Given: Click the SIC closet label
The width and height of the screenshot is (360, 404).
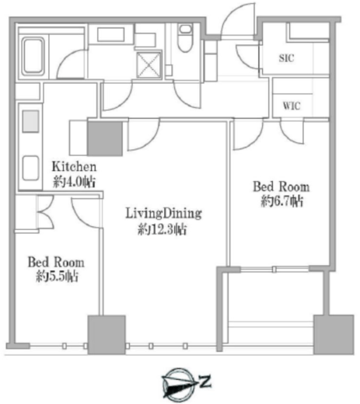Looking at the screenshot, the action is [286, 58].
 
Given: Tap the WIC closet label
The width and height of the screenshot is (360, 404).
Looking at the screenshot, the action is [292, 106].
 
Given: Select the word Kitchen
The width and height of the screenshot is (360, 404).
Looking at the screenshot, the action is [74, 166].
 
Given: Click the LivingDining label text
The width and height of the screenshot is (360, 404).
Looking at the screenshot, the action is [163, 214].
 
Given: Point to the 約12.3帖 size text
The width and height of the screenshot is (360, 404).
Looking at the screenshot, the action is [162, 229].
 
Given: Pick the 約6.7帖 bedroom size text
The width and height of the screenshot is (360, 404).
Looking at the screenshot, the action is [281, 201].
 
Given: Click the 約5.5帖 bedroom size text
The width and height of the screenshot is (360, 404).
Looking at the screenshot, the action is [57, 276].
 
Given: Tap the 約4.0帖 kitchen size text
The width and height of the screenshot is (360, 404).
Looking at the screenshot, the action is [74, 182].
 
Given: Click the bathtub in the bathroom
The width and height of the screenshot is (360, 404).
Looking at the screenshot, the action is [33, 57].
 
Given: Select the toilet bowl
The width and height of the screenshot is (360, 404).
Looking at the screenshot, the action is [185, 38].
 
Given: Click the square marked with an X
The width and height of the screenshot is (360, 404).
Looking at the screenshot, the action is [149, 64].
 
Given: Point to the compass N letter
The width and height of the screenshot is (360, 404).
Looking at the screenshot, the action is [205, 381].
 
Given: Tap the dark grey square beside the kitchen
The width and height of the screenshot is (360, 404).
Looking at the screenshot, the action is [105, 138].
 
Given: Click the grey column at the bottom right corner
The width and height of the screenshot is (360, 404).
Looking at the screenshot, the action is [334, 334].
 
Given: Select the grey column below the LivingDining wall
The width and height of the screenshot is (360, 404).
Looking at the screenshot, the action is [107, 335].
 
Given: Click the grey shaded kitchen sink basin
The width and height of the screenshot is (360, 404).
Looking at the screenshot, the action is [30, 121].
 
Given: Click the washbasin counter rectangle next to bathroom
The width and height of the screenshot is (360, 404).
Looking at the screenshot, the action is [111, 34].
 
